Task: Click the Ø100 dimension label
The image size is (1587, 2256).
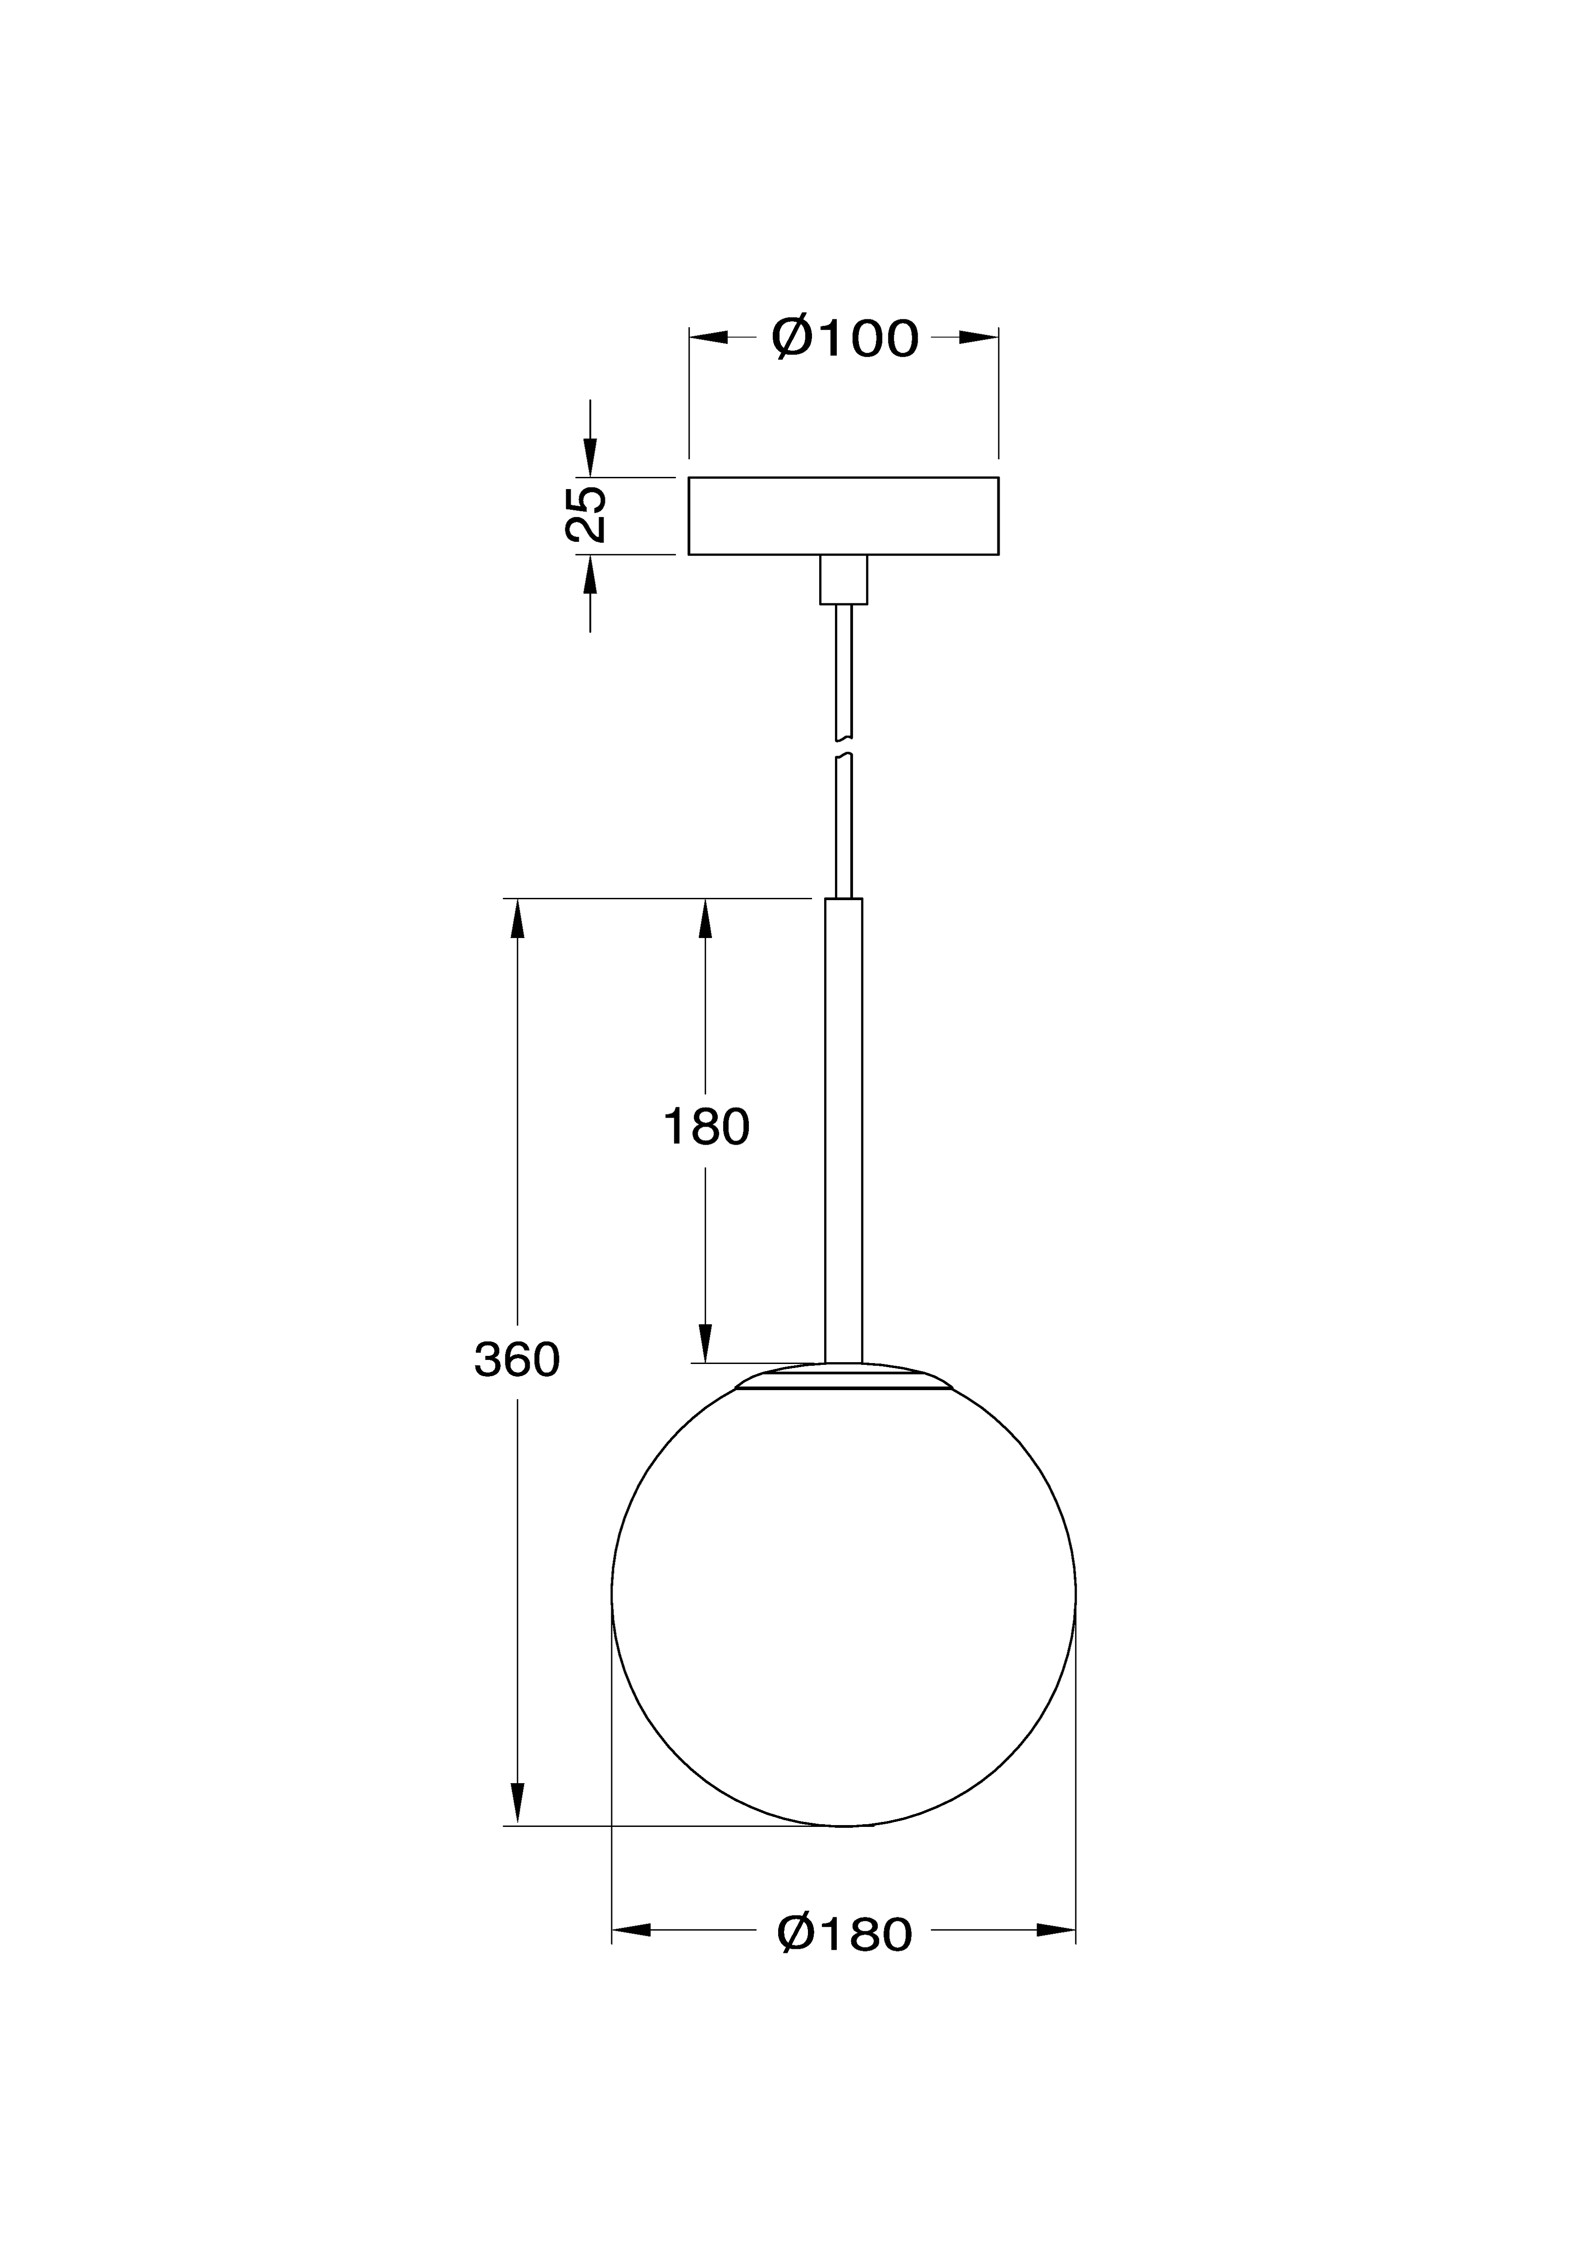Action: [x=844, y=338]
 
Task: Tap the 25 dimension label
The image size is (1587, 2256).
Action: [x=586, y=514]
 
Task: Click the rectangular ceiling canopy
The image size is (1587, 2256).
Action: [x=843, y=516]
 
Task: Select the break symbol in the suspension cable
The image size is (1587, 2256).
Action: [x=843, y=747]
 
